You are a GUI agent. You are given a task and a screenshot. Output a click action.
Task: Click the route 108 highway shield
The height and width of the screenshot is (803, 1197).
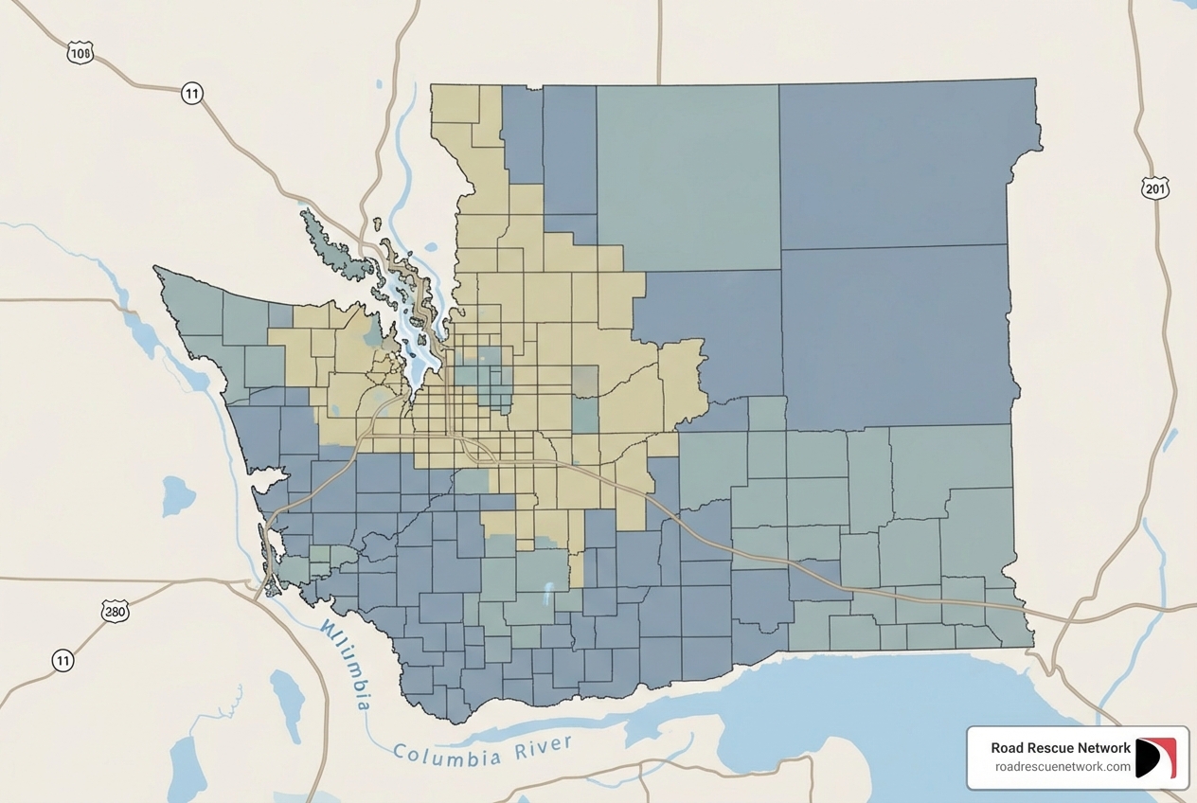(x=80, y=53)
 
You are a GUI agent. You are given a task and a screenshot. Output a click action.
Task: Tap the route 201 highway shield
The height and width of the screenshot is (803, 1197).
(x=1155, y=188)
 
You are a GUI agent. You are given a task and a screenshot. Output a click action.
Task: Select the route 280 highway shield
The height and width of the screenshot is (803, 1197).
(x=115, y=612)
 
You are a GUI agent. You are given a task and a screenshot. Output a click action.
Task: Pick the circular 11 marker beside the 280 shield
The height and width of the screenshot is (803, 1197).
(x=63, y=660)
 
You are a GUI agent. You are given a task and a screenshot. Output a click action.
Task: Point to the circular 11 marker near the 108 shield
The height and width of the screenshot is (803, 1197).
(x=192, y=93)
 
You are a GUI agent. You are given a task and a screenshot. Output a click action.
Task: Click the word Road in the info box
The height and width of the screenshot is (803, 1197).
(x=1008, y=748)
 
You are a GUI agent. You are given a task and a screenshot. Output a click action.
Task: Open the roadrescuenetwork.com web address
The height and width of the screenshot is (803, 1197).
(x=1063, y=767)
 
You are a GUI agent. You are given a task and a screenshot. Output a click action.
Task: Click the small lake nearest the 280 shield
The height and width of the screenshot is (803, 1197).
(x=177, y=495)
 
